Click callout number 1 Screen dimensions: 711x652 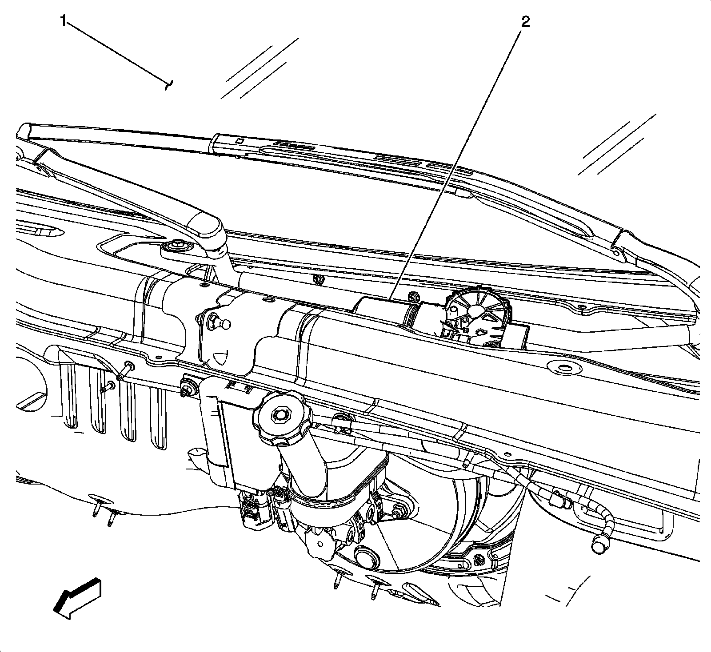click(64, 21)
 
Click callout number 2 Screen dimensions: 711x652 click(525, 22)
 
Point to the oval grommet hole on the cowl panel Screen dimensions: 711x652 click(562, 368)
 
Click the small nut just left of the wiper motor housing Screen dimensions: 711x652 click(412, 298)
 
